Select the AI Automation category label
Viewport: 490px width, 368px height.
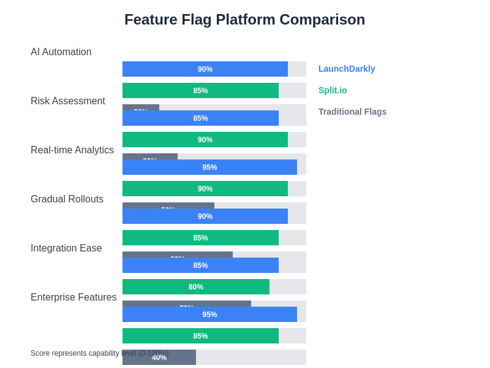[61, 52]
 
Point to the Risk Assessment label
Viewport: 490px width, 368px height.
[68, 101]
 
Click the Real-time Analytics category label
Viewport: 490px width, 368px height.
[72, 150]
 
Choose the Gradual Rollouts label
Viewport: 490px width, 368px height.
[67, 199]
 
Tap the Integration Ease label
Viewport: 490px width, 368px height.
[66, 248]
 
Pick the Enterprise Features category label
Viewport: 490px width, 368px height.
[73, 297]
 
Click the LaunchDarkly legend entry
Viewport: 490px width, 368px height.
[347, 69]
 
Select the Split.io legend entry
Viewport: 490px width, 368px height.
[333, 90]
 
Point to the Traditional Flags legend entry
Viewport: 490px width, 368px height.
[352, 112]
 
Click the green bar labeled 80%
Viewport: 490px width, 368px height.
[196, 287]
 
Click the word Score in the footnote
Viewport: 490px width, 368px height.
[41, 353]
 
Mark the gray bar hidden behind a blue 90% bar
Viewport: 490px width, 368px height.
[168, 205]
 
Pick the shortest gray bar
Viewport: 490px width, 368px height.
[141, 107]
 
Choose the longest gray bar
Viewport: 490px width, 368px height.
[187, 303]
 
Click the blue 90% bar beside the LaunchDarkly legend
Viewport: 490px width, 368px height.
[205, 69]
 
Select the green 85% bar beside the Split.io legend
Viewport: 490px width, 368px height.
[200, 91]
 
